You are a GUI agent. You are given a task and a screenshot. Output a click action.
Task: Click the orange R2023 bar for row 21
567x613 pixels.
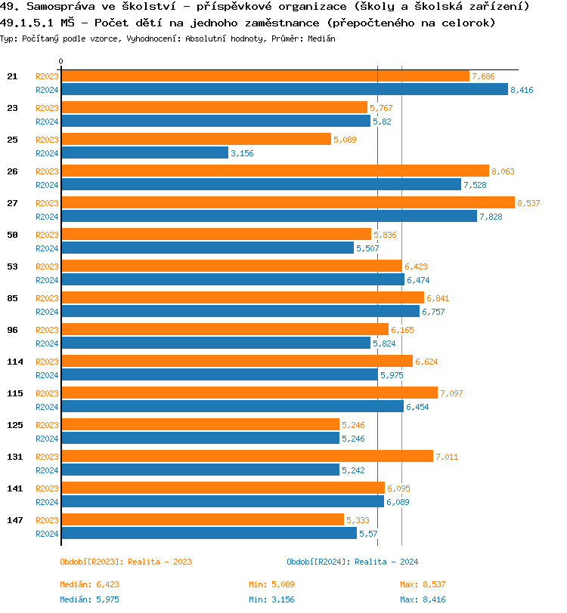pyautogui.click(x=265, y=75)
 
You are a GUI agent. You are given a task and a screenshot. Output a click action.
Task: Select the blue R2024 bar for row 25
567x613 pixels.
pyautogui.click(x=144, y=152)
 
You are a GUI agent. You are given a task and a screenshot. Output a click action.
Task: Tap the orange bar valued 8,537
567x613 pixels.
pyautogui.click(x=287, y=202)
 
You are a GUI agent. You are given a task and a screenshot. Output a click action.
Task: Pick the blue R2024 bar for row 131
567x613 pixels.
pyautogui.click(x=200, y=470)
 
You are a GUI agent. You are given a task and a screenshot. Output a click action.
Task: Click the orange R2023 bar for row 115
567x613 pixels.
pyautogui.click(x=249, y=393)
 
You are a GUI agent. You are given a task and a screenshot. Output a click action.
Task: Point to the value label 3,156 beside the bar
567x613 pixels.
pyautogui.click(x=243, y=153)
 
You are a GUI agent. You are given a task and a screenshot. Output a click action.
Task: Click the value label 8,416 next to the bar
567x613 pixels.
pyautogui.click(x=522, y=90)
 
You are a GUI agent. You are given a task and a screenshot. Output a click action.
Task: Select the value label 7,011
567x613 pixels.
pyautogui.click(x=447, y=457)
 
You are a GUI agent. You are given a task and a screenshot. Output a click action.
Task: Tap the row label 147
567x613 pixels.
pyautogui.click(x=15, y=520)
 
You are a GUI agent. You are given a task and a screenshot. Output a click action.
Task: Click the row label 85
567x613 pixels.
pyautogui.click(x=13, y=298)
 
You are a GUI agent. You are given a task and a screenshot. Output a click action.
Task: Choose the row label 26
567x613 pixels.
pyautogui.click(x=13, y=171)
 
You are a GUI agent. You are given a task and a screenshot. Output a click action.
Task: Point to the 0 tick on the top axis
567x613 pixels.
pyautogui.click(x=61, y=61)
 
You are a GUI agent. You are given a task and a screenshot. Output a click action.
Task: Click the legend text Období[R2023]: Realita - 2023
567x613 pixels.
pyautogui.click(x=125, y=562)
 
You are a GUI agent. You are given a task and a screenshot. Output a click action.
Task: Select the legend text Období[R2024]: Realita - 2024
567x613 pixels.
pyautogui.click(x=352, y=562)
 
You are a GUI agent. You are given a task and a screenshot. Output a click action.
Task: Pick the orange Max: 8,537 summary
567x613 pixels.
pyautogui.click(x=423, y=584)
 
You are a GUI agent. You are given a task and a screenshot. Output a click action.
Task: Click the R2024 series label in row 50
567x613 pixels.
pyautogui.click(x=47, y=248)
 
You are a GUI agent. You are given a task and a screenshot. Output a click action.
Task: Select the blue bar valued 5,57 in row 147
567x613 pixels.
pyautogui.click(x=209, y=533)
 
